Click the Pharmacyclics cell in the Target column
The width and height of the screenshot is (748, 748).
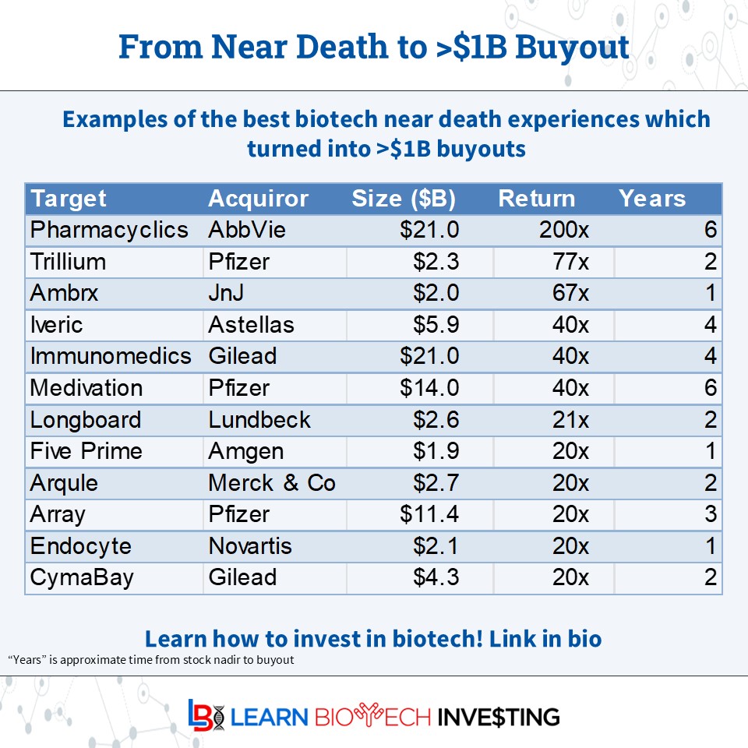[x=109, y=230]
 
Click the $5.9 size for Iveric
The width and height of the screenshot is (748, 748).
[x=436, y=324]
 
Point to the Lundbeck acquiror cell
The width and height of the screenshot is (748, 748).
[x=259, y=420]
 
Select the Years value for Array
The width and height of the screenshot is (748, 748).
[x=709, y=514]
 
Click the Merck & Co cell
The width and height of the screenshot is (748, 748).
[x=272, y=483]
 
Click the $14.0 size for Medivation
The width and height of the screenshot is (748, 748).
[x=429, y=388]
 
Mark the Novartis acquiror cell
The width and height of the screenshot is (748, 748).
[x=250, y=546]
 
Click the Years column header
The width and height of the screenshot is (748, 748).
[x=652, y=199]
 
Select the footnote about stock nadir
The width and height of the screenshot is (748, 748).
[x=151, y=660]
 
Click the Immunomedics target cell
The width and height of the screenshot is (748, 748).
[x=111, y=356]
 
